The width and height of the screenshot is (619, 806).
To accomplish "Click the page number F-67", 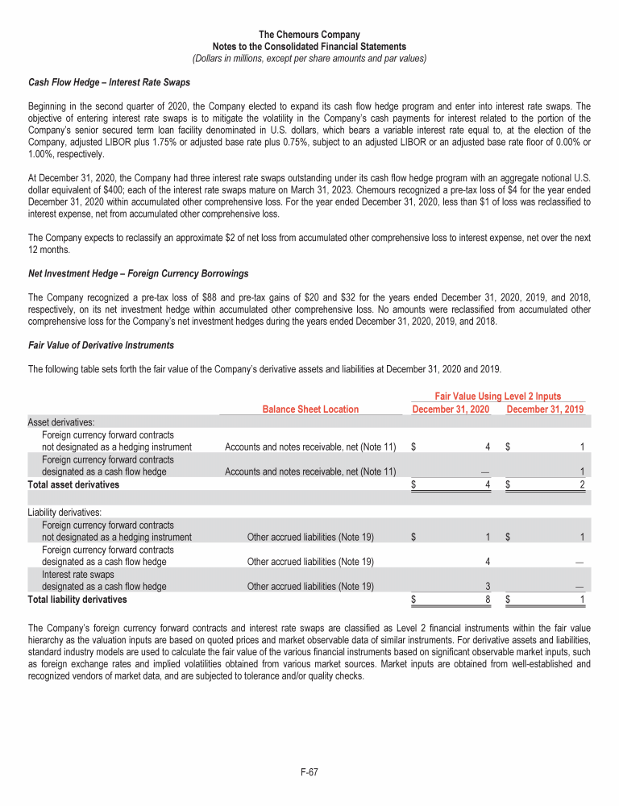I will pyautogui.click(x=309, y=771).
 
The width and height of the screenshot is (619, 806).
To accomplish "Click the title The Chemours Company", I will pyautogui.click(x=309, y=35).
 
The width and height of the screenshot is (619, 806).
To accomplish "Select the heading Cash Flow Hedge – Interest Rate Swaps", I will pyautogui.click(x=109, y=82).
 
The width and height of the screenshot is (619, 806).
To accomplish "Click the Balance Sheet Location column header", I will pyautogui.click(x=310, y=409).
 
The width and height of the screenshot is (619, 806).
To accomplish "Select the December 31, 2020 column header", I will pyautogui.click(x=451, y=409).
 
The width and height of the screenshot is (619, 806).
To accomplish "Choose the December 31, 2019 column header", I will pyautogui.click(x=545, y=409).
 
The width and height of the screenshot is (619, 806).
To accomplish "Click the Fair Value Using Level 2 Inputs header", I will pyautogui.click(x=498, y=397).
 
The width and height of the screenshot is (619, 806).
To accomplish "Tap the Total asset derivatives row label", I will pyautogui.click(x=73, y=484).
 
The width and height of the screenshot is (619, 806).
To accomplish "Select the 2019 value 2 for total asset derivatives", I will pyautogui.click(x=581, y=484).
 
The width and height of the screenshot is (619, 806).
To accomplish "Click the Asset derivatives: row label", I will pyautogui.click(x=60, y=422).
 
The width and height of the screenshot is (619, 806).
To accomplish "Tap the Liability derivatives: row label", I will pyautogui.click(x=64, y=513).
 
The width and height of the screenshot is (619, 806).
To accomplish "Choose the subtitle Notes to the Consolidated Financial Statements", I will pyautogui.click(x=309, y=47).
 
